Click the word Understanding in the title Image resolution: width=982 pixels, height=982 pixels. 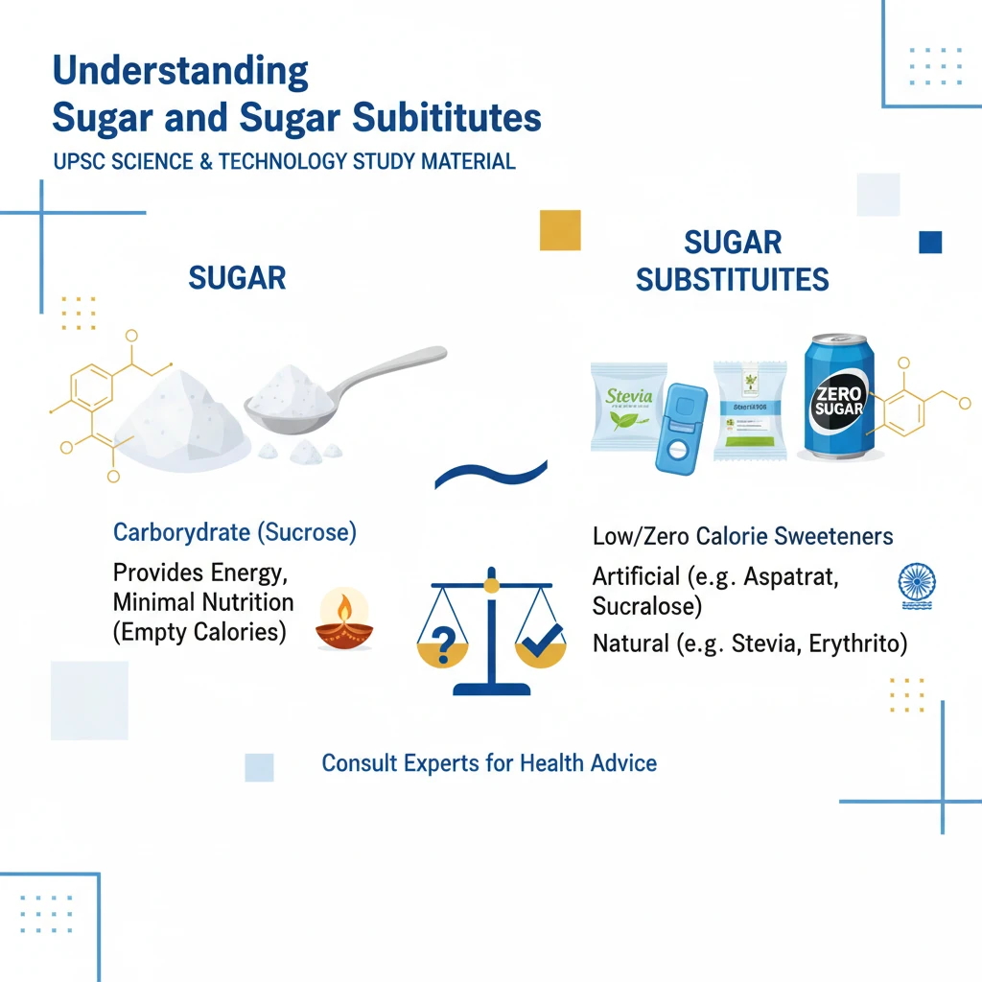180,72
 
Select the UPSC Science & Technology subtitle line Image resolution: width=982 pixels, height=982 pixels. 285,160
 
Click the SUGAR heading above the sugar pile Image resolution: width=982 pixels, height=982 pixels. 237,278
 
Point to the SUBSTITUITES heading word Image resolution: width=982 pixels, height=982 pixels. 732,279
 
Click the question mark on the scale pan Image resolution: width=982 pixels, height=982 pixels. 444,644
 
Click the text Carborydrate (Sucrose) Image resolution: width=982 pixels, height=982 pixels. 235,533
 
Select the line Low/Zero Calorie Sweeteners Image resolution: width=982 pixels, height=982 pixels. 743,537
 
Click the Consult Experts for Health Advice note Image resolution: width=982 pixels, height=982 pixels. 489,763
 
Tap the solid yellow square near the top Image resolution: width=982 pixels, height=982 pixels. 560,230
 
